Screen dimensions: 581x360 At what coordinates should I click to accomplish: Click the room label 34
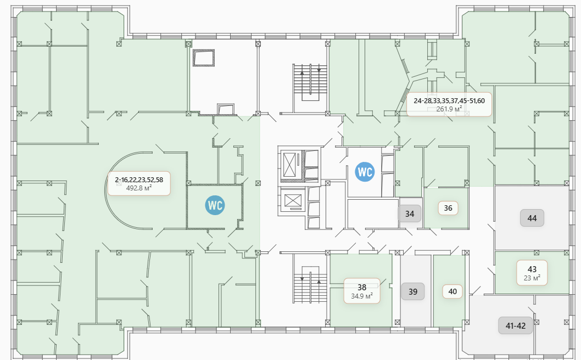[410, 213]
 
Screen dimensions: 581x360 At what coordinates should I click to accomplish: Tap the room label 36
[448, 208]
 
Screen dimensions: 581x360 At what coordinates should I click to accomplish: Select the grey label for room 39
[413, 291]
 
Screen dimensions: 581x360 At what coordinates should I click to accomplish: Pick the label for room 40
[452, 291]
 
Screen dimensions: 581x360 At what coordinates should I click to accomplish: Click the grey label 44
[532, 218]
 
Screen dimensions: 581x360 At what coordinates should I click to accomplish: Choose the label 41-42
[516, 325]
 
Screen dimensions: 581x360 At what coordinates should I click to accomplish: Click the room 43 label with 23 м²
[532, 273]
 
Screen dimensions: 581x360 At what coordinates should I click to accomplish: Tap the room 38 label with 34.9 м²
[362, 291]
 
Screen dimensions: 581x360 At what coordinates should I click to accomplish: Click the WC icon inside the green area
[215, 205]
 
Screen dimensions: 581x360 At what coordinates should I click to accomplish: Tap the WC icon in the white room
[365, 172]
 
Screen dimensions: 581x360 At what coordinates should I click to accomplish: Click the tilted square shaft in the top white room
[203, 58]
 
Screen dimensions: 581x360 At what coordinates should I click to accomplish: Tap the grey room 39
[416, 291]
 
